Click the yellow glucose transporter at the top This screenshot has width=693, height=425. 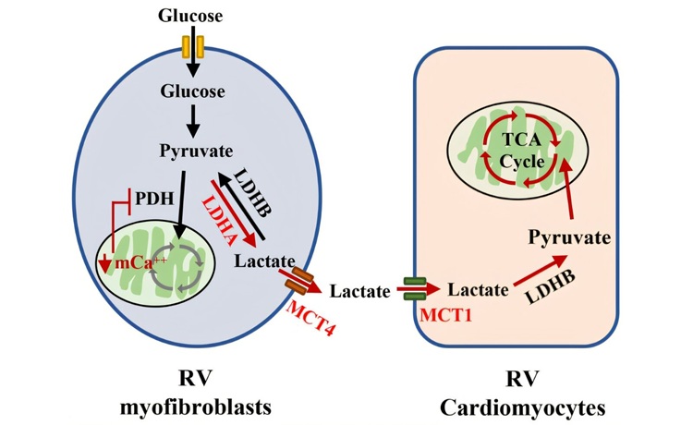tap(191, 46)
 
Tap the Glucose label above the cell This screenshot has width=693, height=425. tap(191, 16)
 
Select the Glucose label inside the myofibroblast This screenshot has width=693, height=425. tap(191, 93)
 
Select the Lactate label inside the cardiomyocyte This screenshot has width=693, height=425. tap(477, 290)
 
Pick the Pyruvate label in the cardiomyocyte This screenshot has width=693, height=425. tap(569, 238)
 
